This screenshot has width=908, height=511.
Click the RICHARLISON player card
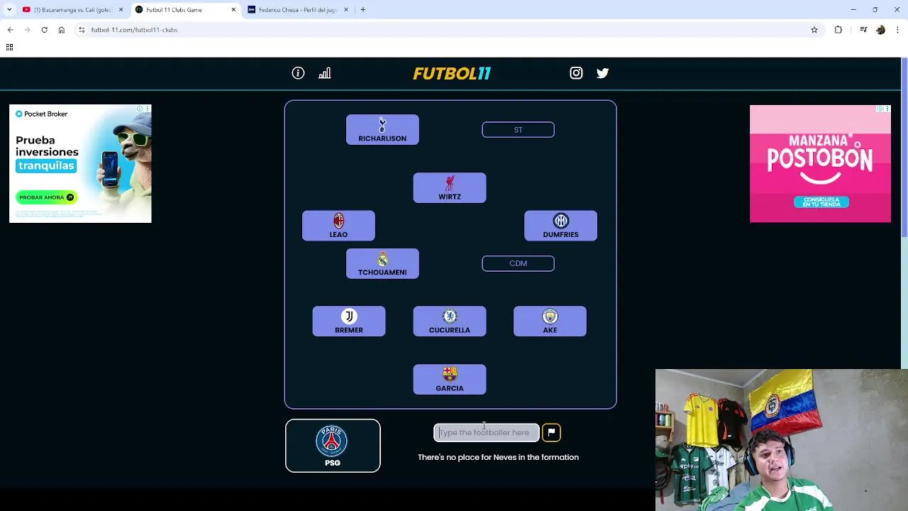[x=382, y=130]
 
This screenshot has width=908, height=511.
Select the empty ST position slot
[x=518, y=130]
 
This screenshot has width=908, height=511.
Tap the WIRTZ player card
[x=450, y=188]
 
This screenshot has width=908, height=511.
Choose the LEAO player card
[x=338, y=226]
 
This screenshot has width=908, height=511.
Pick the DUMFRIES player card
[x=560, y=226]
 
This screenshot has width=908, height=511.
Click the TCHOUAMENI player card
[x=382, y=264]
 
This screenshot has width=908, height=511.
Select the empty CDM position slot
[x=518, y=263]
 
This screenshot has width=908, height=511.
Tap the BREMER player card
[x=349, y=322]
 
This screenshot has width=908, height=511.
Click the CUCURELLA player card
[x=450, y=322]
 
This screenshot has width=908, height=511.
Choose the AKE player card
[x=550, y=322]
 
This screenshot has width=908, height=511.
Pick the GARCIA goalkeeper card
[x=450, y=380]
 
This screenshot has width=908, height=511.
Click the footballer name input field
[x=487, y=432]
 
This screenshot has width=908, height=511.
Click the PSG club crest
[x=332, y=441]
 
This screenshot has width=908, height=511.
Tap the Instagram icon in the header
[x=576, y=73]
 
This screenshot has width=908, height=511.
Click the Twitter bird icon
[x=602, y=73]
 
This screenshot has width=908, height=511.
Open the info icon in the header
[x=298, y=73]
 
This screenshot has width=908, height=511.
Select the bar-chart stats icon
[x=325, y=73]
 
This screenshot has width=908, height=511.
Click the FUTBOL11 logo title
[x=452, y=73]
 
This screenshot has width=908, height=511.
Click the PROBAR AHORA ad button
[x=46, y=197]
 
